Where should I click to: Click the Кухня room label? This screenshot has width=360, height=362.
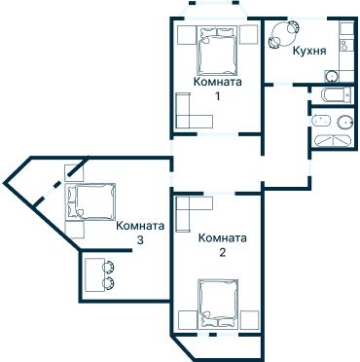(307, 51)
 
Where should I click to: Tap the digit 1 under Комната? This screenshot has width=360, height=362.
(217, 96)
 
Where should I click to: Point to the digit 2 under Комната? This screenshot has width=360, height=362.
(222, 253)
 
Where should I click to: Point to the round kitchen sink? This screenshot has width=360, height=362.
(333, 75)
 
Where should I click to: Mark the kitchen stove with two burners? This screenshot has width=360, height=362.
(343, 44)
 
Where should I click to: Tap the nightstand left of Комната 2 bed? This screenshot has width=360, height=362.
(187, 318)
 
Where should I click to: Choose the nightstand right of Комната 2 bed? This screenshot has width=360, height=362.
(249, 318)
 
